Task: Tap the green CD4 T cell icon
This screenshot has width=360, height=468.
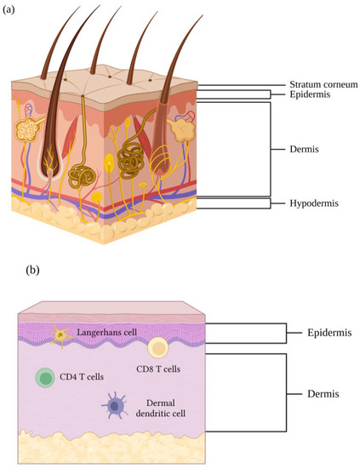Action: coord(47,378)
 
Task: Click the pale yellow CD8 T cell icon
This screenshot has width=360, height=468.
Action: coord(157,347)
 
